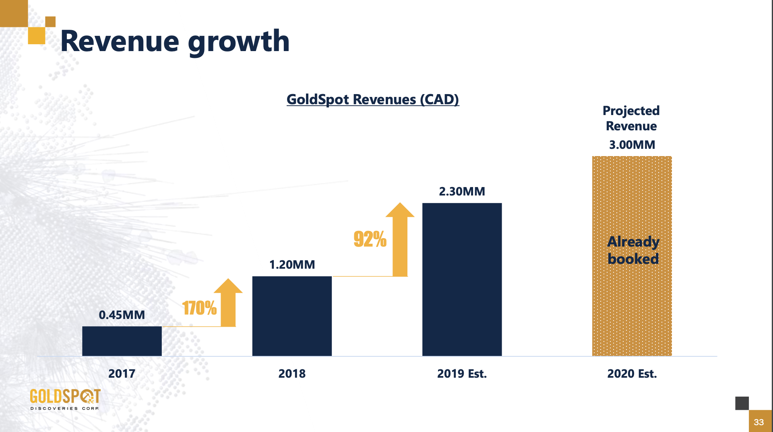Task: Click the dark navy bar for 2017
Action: coord(122,341)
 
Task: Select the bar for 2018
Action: coord(292,316)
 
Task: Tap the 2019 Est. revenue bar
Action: coord(462,280)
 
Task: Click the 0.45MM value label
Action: coord(122,315)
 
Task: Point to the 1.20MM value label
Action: coord(292,265)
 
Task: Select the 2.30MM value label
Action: coord(462,191)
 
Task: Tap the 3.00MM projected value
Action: coord(632,145)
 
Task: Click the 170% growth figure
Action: coord(199,308)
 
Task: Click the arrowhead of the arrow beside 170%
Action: coord(228,286)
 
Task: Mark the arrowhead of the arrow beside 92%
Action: coord(400,210)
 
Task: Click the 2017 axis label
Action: coord(122,374)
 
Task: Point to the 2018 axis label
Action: coord(292,374)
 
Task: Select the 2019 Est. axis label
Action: coord(462,374)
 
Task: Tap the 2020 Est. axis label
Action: coord(632,374)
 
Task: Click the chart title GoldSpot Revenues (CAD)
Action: coord(372,99)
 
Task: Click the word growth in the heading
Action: coord(238,41)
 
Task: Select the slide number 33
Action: coord(759,422)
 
